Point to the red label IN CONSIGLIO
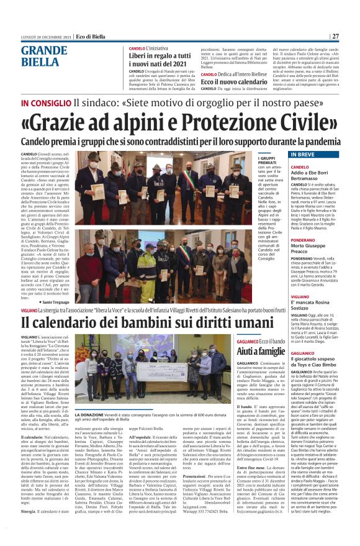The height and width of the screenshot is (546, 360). [45, 102]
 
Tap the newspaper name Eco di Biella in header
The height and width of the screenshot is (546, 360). [90, 36]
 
